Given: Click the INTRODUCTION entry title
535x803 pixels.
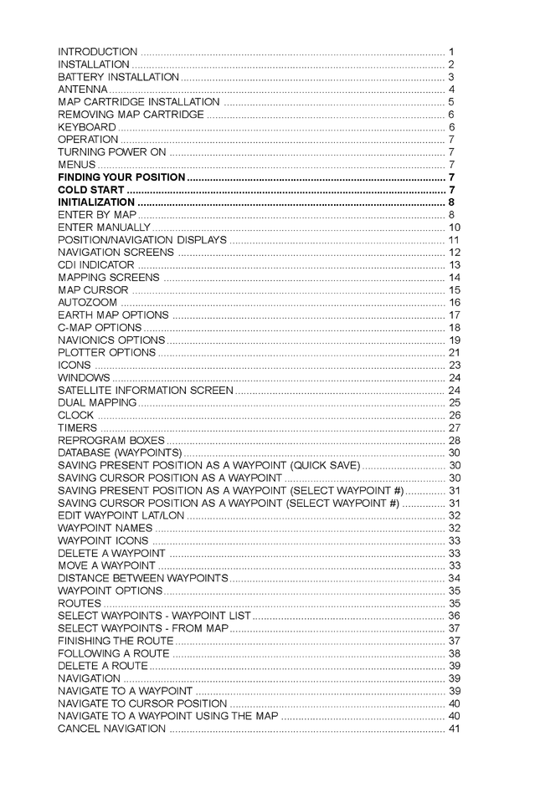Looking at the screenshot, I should tap(97, 52).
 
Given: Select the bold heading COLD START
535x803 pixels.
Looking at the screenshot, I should tap(85, 190).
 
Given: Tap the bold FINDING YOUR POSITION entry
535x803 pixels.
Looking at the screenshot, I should tap(121, 177).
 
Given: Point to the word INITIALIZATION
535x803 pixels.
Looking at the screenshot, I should tap(95, 202).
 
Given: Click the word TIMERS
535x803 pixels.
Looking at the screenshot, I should tap(77, 428).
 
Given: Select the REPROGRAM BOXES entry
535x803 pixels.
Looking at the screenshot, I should tap(111, 441).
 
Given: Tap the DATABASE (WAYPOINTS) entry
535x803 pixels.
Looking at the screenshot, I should tap(120, 453).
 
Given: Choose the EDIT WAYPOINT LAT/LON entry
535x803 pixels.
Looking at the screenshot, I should tap(121, 516).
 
